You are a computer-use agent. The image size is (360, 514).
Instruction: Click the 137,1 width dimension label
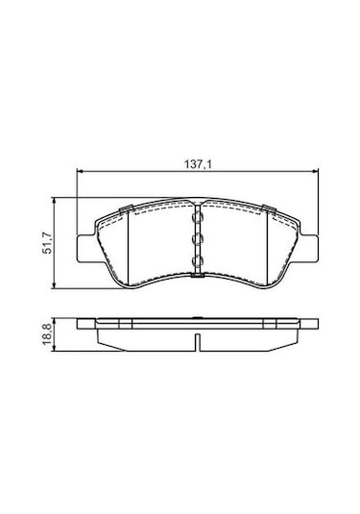pyautogui.click(x=198, y=164)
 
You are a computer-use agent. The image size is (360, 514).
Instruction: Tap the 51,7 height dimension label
pyautogui.click(x=48, y=243)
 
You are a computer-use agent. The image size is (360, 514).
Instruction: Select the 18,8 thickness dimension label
pyautogui.click(x=47, y=334)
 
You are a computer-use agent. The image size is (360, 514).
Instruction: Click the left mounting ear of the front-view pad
pyautogui.click(x=85, y=248)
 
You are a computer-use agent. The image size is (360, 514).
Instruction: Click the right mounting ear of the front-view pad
pyautogui.click(x=309, y=248)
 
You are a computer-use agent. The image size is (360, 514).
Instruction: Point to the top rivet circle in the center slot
pyautogui.click(x=198, y=216)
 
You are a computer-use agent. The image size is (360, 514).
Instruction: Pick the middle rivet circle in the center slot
pyautogui.click(x=198, y=238)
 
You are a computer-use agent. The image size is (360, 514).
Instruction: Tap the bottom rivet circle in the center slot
pyautogui.click(x=198, y=261)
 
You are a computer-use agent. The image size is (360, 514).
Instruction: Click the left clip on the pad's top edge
pyautogui.click(x=126, y=208)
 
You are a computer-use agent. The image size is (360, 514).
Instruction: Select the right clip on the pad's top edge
pyautogui.click(x=269, y=208)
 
